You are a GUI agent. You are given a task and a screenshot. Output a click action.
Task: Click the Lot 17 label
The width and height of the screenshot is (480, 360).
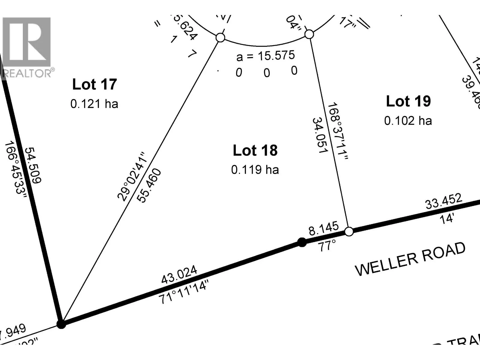94,84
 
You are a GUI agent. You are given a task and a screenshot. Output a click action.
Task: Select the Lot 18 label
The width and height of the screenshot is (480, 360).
255,150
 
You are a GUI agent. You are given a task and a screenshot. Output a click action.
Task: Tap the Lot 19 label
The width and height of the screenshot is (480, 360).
408,101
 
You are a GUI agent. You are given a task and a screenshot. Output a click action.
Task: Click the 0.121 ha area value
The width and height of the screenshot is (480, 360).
94,104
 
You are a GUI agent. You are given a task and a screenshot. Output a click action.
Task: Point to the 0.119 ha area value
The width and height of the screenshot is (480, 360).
255,170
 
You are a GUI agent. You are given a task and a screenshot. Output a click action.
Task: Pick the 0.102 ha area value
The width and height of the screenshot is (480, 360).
408,121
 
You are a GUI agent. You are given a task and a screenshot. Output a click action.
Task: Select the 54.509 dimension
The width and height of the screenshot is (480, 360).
33,165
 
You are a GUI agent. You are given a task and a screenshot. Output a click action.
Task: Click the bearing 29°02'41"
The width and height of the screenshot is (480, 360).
132,176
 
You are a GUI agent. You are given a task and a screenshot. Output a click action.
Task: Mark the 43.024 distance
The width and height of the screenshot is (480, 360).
179,274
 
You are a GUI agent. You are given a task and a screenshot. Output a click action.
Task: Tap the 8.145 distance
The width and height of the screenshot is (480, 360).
323,229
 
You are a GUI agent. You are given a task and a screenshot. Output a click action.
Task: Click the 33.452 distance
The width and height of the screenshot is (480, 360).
444,201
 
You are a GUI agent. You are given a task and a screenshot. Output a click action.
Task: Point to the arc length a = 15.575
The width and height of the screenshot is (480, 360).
265,55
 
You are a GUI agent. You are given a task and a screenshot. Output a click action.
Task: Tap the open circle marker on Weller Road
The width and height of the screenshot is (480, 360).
349,232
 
